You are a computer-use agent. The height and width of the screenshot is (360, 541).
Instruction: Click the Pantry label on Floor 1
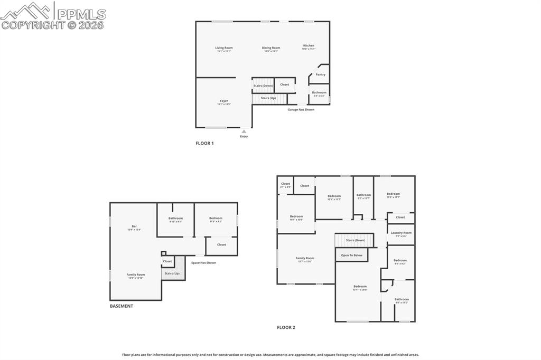click(x=320, y=74)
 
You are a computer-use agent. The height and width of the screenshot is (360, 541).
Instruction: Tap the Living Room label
click(x=223, y=48)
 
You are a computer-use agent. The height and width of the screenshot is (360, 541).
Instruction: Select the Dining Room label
click(x=271, y=48)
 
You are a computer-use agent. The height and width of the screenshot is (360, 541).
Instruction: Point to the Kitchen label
click(x=309, y=46)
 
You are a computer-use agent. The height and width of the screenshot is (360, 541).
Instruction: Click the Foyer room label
click(x=224, y=101)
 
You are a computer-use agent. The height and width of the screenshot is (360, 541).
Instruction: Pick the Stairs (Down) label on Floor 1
click(x=263, y=86)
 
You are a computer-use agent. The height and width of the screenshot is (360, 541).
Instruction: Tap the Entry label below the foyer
click(x=244, y=136)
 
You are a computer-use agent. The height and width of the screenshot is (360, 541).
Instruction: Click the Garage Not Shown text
click(x=301, y=110)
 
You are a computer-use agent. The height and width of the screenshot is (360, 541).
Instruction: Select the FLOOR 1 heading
click(x=204, y=143)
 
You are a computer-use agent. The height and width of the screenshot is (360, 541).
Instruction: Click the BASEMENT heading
click(x=122, y=306)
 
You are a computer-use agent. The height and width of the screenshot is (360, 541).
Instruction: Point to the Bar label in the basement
click(x=134, y=226)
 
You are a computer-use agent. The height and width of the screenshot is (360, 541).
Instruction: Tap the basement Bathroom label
click(x=175, y=219)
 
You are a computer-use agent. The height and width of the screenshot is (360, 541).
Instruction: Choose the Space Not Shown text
click(x=203, y=263)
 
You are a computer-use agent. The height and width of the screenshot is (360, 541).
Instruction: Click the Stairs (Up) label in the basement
click(x=172, y=273)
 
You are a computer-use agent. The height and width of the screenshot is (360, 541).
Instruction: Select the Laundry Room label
click(x=401, y=233)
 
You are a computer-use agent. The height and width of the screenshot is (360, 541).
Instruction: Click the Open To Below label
click(x=351, y=255)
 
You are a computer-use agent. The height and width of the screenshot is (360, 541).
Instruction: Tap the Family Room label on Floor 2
click(x=305, y=259)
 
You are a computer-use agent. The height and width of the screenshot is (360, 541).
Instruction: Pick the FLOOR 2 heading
click(x=286, y=327)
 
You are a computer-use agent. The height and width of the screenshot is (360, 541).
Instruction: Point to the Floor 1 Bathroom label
click(x=319, y=93)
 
